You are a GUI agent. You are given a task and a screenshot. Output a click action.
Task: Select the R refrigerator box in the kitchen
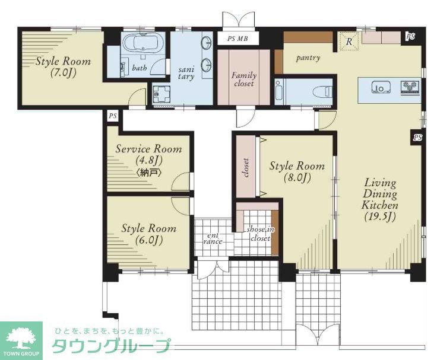350,42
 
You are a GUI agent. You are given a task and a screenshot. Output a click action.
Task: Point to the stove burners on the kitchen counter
409,88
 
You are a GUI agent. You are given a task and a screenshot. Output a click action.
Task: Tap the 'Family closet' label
243,79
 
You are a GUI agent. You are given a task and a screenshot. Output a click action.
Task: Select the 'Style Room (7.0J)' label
63,67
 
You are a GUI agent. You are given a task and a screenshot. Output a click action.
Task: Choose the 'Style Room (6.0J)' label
148,234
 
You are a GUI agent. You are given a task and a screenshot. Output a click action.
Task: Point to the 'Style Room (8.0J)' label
297,171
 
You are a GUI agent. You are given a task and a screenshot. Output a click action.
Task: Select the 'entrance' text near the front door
213,238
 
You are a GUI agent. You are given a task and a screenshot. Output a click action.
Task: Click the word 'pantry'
308,58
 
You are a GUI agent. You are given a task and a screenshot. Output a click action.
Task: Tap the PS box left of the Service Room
112,116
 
